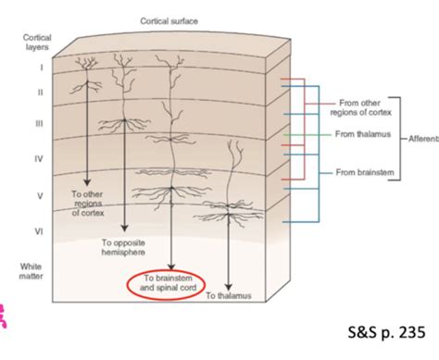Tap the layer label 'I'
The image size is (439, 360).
click(40, 68)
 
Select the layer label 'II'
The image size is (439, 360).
click(40, 92)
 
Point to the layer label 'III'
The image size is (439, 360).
click(40, 123)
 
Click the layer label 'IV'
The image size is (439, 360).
click(40, 158)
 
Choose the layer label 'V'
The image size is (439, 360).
click(40, 196)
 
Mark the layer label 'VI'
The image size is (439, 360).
click(40, 227)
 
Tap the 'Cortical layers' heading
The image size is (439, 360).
click(37, 43)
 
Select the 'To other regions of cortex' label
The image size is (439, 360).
click(91, 204)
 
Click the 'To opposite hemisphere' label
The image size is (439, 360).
click(123, 247)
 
